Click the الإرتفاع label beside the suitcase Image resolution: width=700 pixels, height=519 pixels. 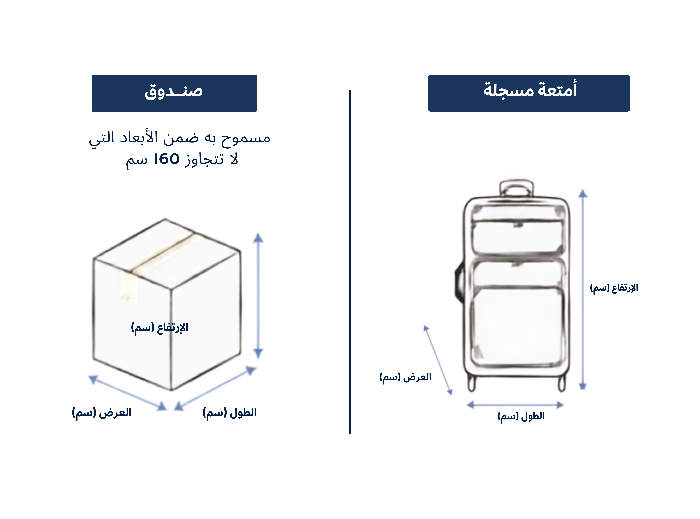pos(614,288)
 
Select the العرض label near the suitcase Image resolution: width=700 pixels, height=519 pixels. pos(405,377)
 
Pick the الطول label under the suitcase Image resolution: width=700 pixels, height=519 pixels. pos(521,417)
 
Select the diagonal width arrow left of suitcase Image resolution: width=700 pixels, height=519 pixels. pos(438,360)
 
